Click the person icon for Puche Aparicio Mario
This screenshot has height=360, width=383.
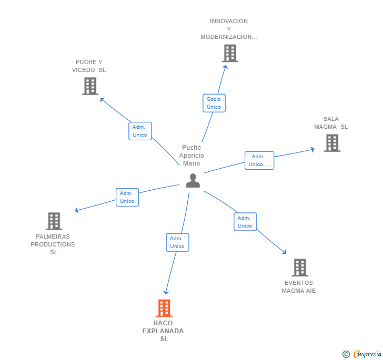point(193,181)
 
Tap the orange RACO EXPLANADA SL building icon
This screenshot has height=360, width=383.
point(164,308)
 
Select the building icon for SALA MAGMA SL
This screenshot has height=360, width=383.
point(331,143)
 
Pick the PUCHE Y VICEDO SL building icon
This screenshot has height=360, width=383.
point(90,86)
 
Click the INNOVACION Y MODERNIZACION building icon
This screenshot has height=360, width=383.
point(229,53)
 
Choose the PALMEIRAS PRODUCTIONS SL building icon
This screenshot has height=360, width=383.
point(54,221)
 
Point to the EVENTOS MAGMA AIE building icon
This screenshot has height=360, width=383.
point(299,268)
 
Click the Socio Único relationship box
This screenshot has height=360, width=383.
point(214,103)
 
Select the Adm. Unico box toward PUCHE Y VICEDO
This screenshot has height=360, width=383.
point(140,131)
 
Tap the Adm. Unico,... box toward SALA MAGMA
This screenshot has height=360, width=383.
point(259,160)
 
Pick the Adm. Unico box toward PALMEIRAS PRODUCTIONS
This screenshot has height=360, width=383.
point(127,197)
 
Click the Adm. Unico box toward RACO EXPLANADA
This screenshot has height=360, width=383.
point(177,242)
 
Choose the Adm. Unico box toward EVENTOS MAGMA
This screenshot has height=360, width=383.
point(245,222)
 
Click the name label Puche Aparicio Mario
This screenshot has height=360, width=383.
point(191,156)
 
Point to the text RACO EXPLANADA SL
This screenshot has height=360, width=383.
point(163,331)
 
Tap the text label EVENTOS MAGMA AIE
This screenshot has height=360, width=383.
point(299,287)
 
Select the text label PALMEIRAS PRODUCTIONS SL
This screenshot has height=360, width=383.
point(53,244)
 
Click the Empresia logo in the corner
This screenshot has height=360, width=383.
point(361,354)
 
